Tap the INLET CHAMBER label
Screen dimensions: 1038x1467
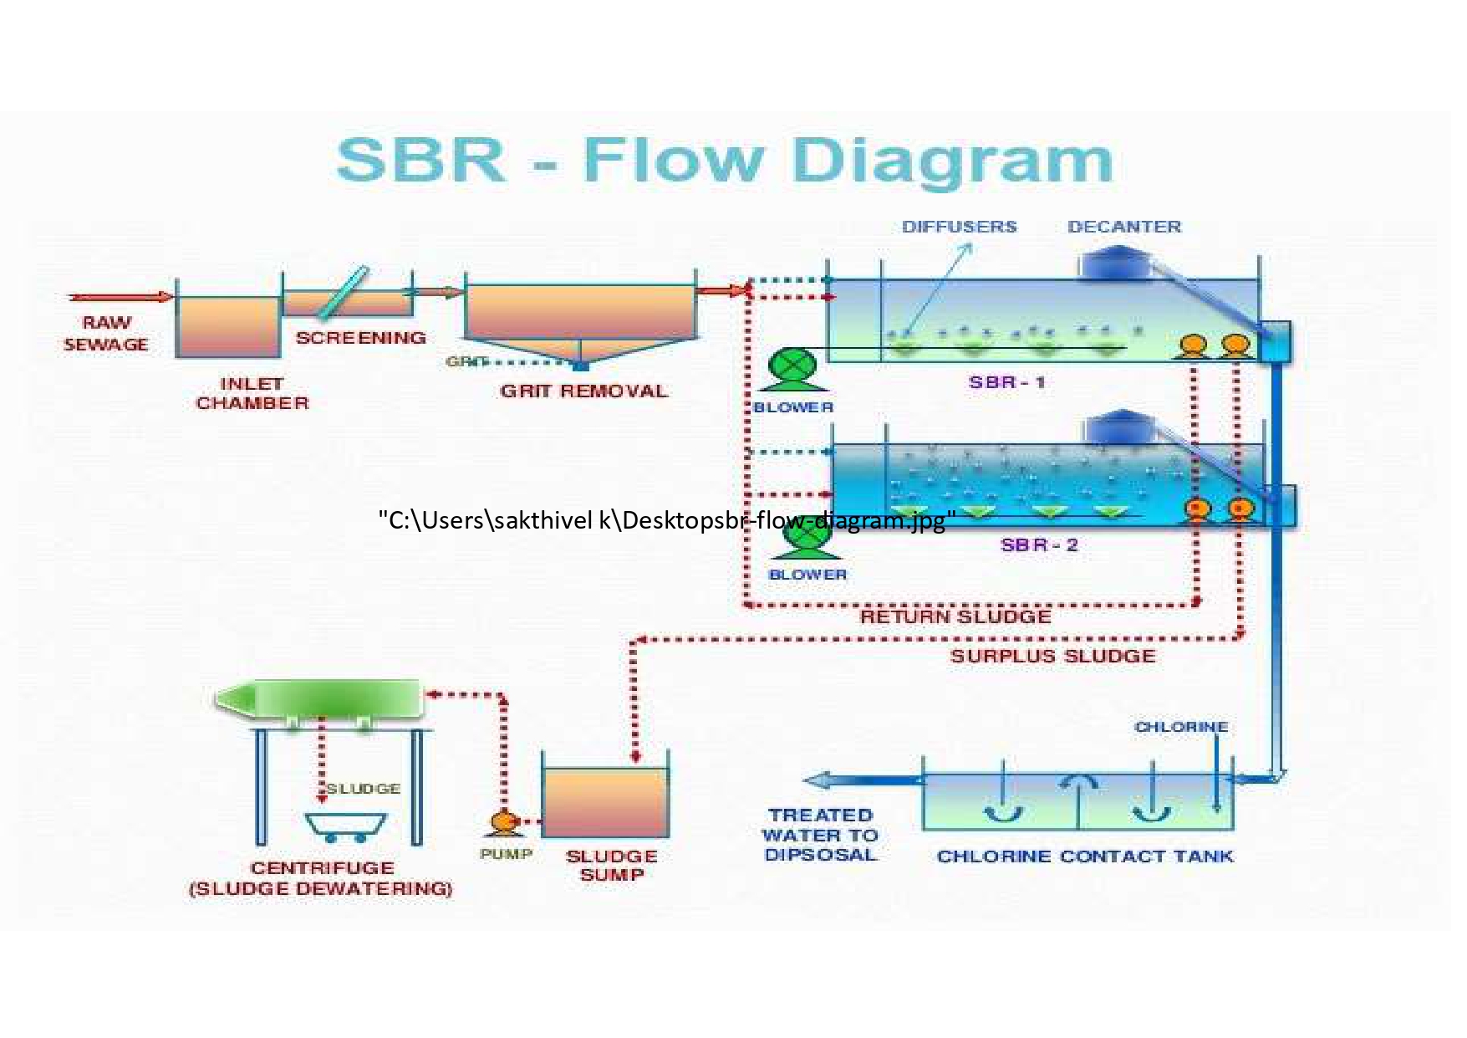(252, 394)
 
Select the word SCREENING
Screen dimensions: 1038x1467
(360, 338)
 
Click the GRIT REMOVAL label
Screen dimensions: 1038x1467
(584, 391)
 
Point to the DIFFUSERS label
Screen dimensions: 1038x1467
(959, 227)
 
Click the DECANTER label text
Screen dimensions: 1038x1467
(1124, 227)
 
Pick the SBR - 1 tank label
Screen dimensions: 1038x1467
(1006, 382)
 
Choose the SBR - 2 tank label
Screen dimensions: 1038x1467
(1039, 545)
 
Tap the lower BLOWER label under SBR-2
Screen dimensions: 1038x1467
(807, 575)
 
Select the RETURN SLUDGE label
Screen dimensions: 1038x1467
(955, 617)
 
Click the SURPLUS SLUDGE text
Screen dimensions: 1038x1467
(1052, 657)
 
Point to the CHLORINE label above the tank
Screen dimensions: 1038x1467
(1180, 727)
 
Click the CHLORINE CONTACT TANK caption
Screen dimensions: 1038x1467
(1085, 856)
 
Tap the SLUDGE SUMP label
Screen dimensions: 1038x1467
(611, 866)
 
